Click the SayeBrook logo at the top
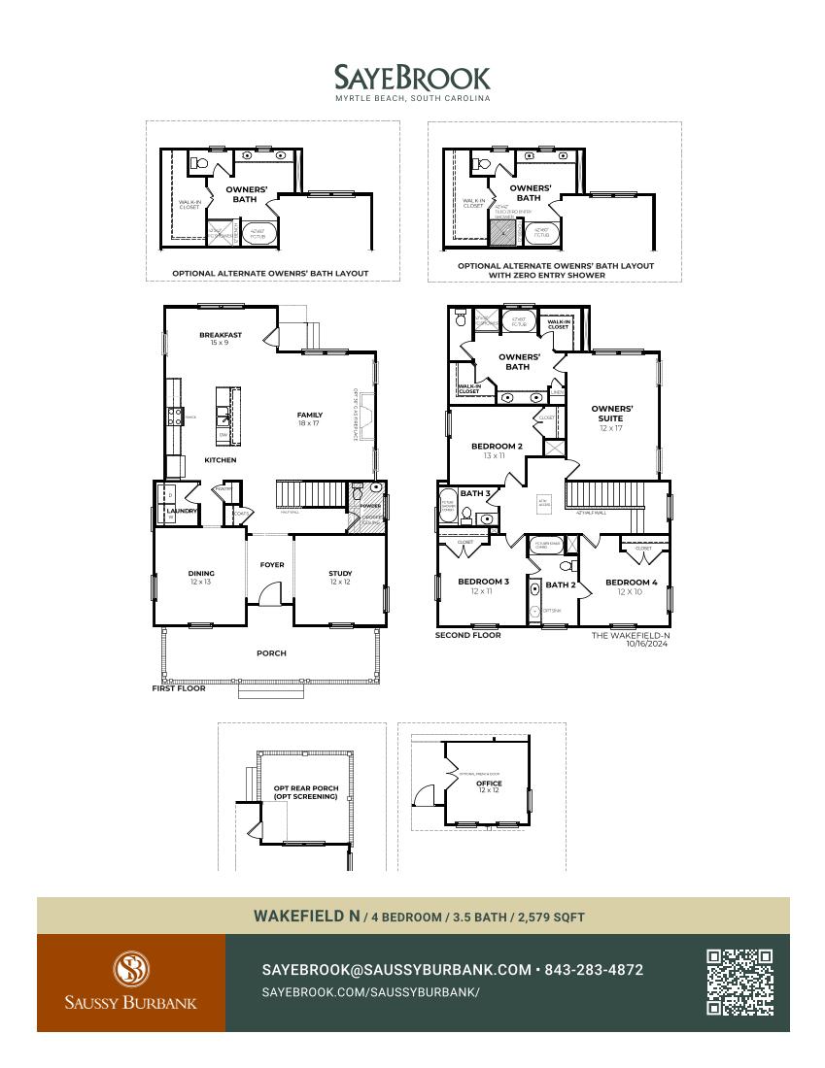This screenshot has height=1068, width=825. (x=412, y=78)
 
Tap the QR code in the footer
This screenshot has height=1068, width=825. (x=739, y=983)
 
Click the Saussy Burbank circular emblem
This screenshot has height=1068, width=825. (x=131, y=968)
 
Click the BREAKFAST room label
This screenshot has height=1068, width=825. (x=220, y=336)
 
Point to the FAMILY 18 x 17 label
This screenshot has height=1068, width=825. (x=309, y=418)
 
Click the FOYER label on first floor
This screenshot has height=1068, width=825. (x=272, y=565)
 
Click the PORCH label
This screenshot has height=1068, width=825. (x=271, y=653)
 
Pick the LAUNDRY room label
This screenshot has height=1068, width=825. (x=182, y=511)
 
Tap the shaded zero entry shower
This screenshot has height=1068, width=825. (x=502, y=232)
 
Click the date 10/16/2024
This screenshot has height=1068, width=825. (x=648, y=644)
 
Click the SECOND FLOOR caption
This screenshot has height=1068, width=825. (x=468, y=635)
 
